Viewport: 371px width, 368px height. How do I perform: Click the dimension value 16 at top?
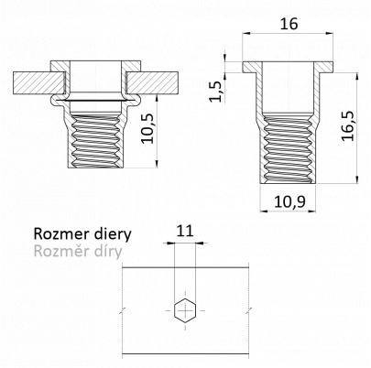(289, 24)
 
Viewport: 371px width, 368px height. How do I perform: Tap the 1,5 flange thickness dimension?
(216, 92)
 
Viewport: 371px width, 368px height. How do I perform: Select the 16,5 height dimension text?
(348, 125)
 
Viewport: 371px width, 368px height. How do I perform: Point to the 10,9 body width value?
(289, 201)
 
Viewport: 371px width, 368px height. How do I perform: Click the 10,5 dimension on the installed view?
(147, 129)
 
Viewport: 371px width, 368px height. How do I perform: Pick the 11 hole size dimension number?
(185, 231)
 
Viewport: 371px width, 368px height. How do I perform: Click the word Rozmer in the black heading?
(57, 234)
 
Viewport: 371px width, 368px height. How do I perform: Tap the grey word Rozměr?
(57, 251)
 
